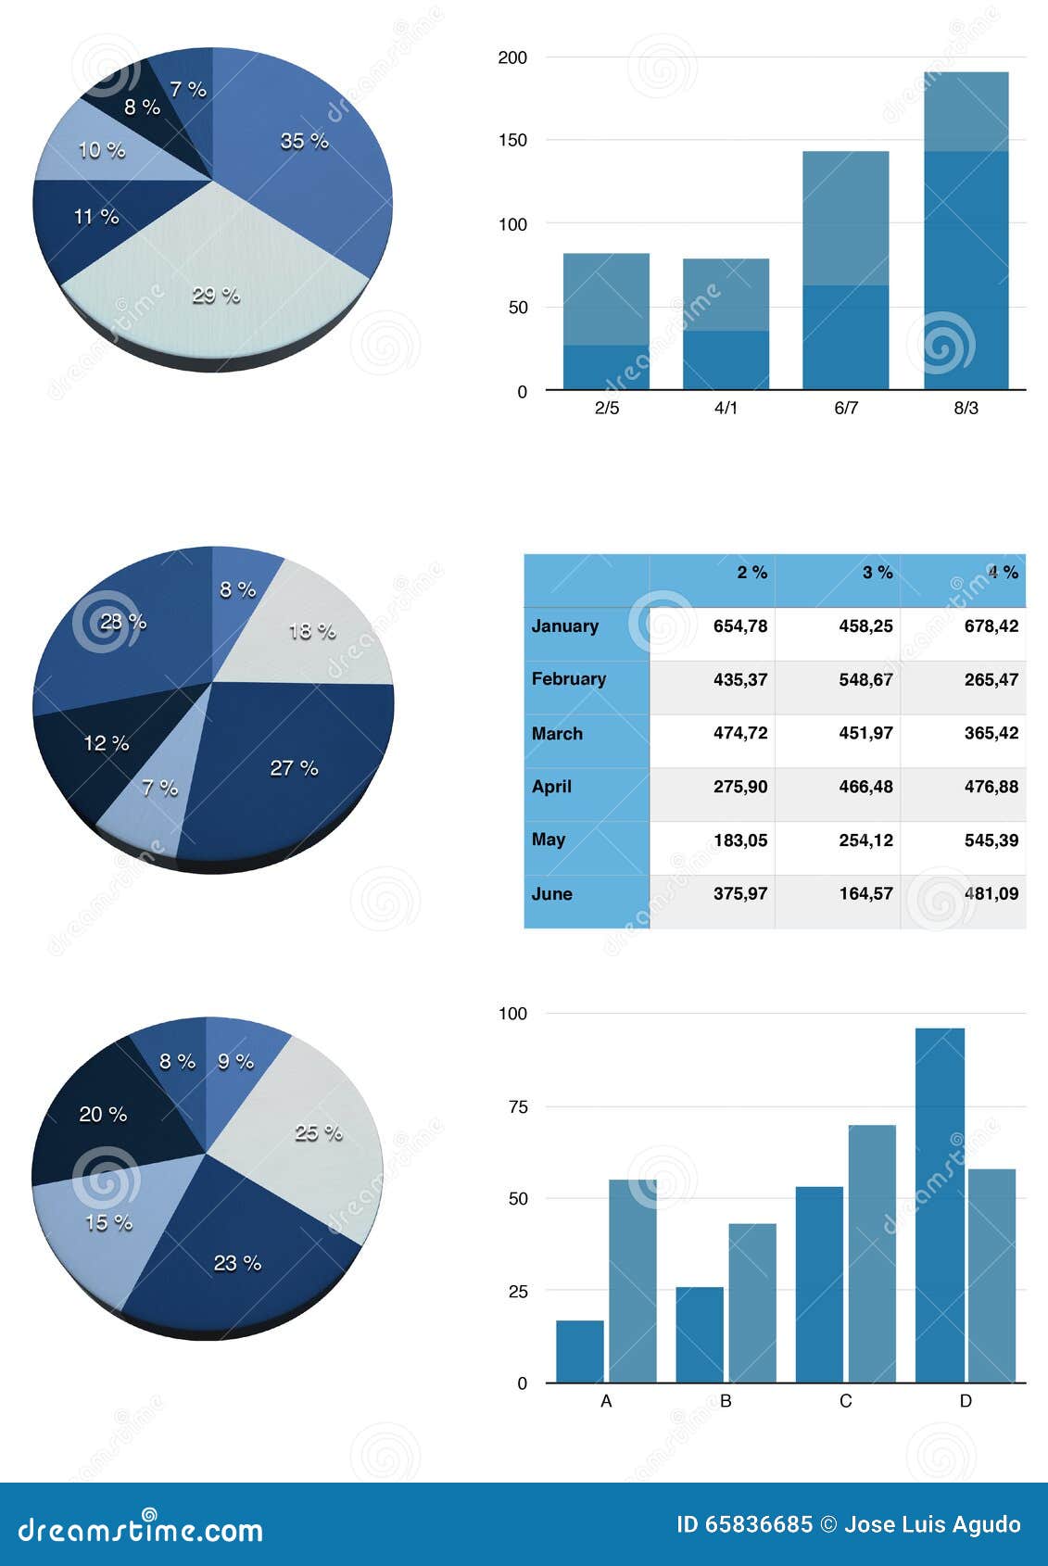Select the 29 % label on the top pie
[216, 296]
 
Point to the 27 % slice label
[294, 768]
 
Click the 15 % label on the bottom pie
[108, 1223]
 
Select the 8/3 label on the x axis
[966, 408]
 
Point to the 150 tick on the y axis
[512, 141]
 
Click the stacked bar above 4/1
[726, 323]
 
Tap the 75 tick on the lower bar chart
[517, 1106]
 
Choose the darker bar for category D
[940, 1205]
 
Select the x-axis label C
[845, 1401]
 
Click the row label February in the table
[569, 679]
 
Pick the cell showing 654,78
[740, 626]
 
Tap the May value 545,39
[991, 840]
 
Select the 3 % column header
[878, 573]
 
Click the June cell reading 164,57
[865, 894]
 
